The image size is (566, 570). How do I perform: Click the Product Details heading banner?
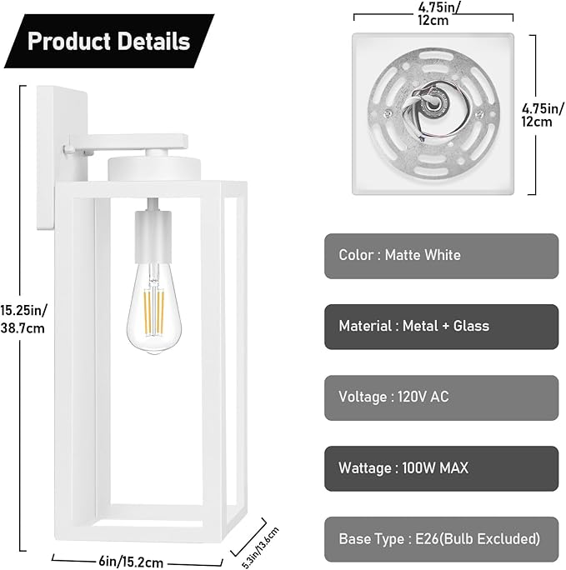(x=109, y=41)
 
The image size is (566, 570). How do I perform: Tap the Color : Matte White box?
(x=441, y=255)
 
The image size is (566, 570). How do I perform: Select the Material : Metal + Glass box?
(x=441, y=326)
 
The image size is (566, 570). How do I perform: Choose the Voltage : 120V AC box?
(x=441, y=397)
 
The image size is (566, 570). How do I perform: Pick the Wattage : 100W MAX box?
(x=441, y=467)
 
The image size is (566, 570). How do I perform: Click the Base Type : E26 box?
(x=441, y=538)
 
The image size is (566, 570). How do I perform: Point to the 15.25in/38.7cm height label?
(x=24, y=318)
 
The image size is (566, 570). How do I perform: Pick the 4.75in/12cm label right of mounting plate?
(x=538, y=114)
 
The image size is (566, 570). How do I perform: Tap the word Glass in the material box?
(x=471, y=326)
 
